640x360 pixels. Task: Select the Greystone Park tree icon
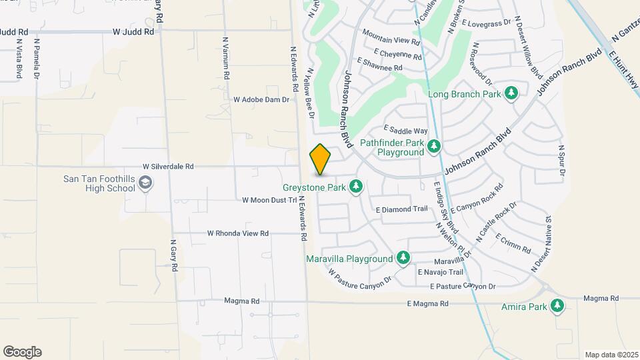coord(356,187)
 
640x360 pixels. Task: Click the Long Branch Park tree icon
coord(511,94)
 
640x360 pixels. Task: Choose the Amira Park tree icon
coord(557,307)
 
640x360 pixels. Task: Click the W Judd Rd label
coord(133,31)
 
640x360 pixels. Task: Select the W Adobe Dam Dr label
coord(262,99)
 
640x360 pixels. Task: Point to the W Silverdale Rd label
coord(168,166)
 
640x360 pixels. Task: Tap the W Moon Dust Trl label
coord(269,199)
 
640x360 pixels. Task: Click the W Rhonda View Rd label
coord(237,233)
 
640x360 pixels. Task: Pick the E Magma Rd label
coord(428,303)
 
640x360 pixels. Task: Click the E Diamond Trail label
coord(401,209)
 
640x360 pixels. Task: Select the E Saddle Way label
coord(406,131)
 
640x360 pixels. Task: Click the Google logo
coord(22,352)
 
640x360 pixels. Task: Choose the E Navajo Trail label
coord(440,272)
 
